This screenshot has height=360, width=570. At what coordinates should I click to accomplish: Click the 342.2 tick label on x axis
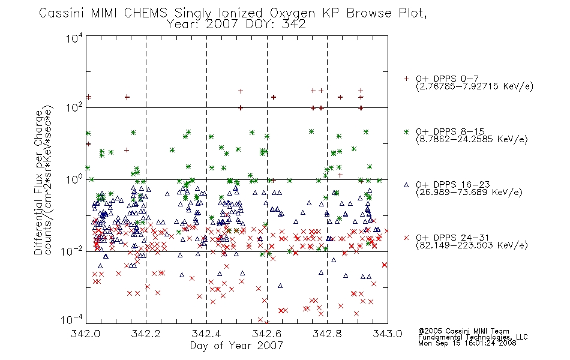(x=146, y=334)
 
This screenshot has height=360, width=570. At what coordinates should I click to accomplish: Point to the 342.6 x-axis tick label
(x=267, y=334)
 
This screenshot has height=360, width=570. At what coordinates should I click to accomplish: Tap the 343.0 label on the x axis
(x=388, y=334)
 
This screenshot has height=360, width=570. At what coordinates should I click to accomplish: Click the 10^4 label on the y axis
(x=74, y=38)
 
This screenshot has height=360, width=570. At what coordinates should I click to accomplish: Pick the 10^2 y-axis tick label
(x=74, y=108)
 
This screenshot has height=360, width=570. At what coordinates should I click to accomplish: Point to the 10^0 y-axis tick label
(x=74, y=179)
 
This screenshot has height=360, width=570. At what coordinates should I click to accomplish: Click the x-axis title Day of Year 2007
(x=236, y=346)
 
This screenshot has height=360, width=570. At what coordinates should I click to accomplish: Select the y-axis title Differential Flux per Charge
(x=38, y=182)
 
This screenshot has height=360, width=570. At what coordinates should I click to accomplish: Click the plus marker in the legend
(x=406, y=79)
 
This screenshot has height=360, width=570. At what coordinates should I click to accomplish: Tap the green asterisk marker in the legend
(x=406, y=131)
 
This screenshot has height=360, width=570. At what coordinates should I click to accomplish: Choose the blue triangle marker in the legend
(x=406, y=185)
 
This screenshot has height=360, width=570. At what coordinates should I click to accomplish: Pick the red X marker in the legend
(x=406, y=238)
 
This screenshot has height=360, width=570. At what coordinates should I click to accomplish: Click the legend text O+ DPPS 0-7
(x=447, y=79)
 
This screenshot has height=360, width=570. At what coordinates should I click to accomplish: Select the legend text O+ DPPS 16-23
(x=453, y=184)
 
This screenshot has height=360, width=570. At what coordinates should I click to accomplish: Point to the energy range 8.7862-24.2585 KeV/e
(x=472, y=139)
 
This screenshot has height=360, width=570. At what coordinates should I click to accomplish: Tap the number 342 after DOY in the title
(x=294, y=25)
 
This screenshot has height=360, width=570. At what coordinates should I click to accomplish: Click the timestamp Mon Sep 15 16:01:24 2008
(x=467, y=343)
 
